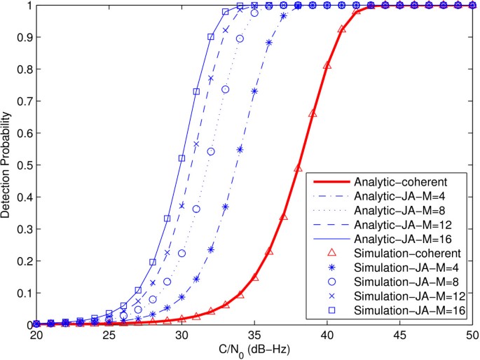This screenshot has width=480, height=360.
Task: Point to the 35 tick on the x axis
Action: tap(254, 335)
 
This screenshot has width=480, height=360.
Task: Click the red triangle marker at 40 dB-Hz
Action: tap(327, 65)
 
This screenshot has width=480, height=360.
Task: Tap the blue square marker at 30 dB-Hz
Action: tap(181, 158)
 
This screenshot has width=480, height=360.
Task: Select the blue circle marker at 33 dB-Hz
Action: tap(226, 90)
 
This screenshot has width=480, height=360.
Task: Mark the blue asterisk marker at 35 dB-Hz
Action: tap(254, 92)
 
